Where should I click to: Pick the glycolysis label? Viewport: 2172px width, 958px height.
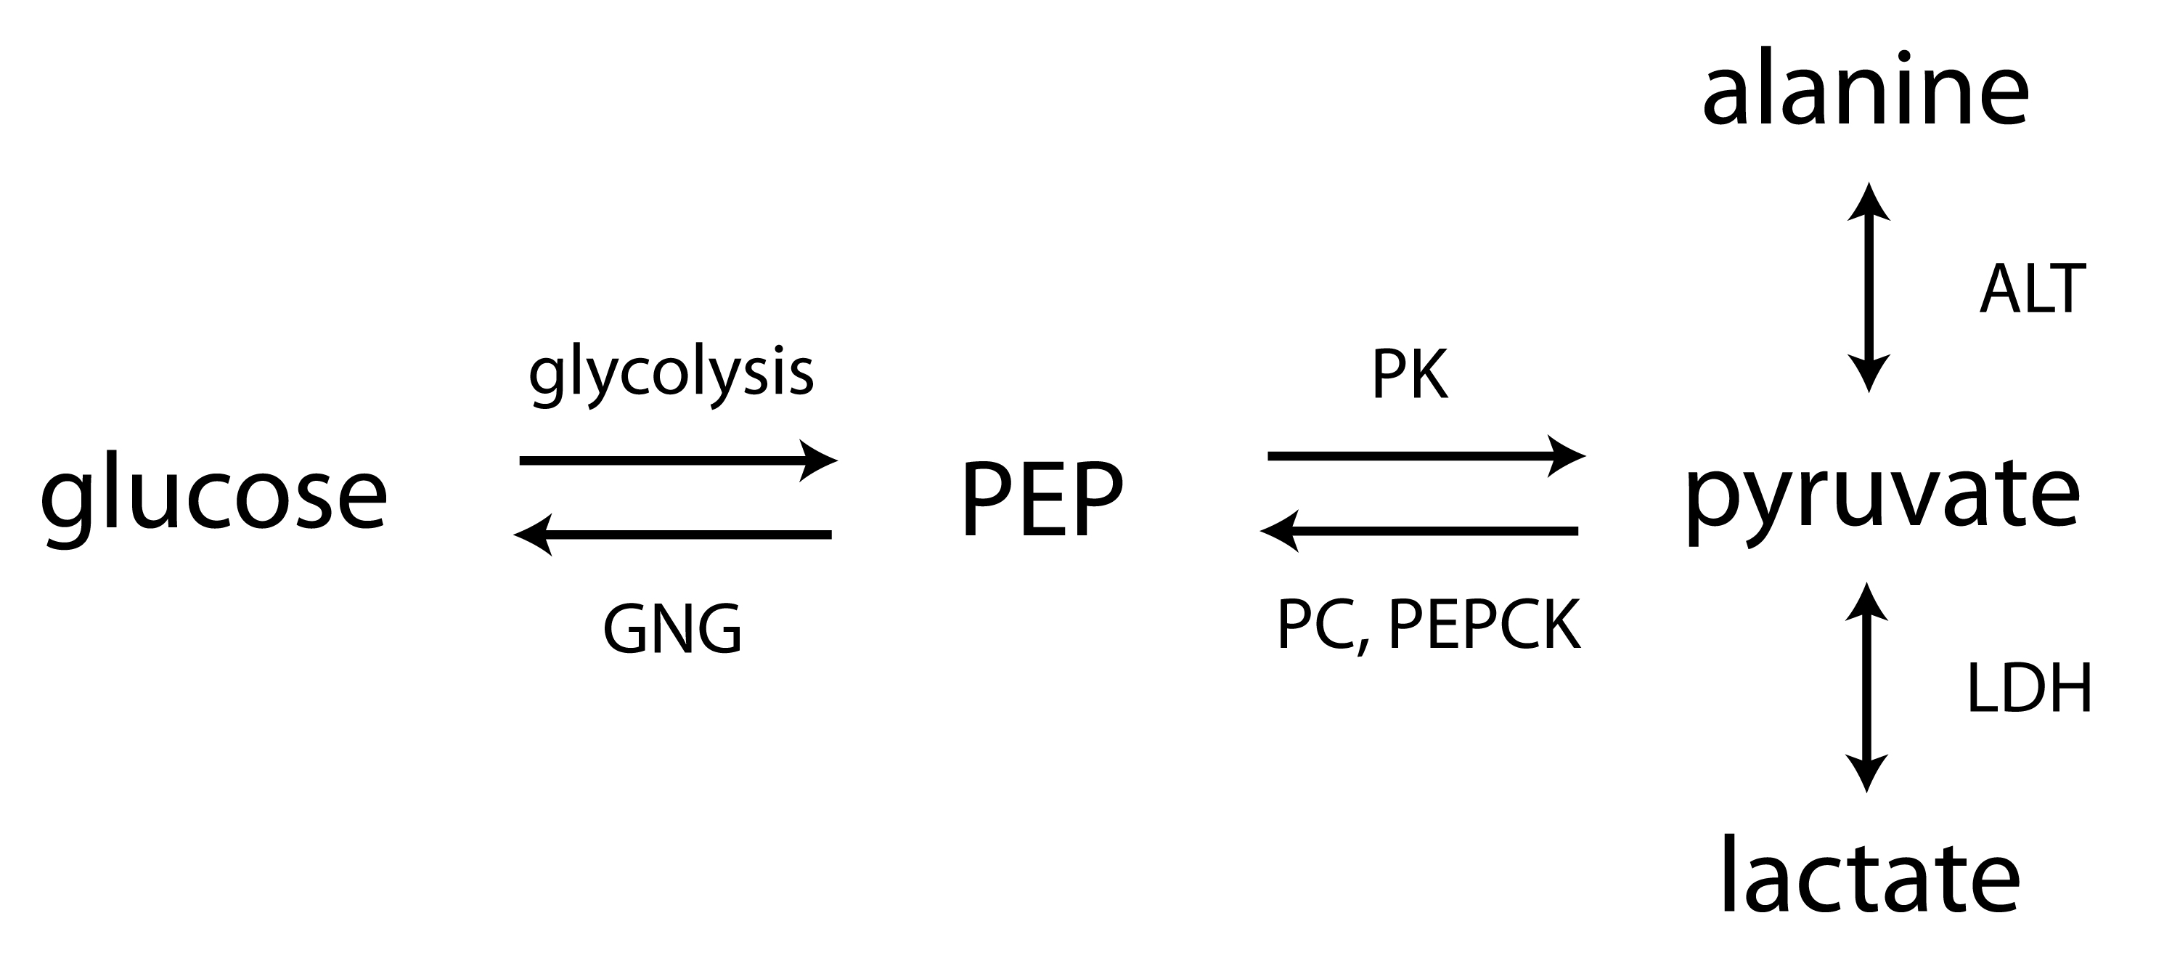(x=671, y=376)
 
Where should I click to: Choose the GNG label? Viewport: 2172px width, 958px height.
(x=672, y=630)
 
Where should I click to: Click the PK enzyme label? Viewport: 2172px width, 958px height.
(x=1410, y=375)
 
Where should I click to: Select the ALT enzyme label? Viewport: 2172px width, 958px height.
(x=2032, y=289)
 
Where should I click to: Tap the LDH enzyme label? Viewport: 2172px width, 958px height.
(x=2030, y=688)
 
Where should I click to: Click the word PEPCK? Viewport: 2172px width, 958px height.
(x=1484, y=626)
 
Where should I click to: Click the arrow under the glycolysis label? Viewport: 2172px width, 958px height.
(x=674, y=460)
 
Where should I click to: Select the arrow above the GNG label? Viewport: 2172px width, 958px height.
(x=674, y=535)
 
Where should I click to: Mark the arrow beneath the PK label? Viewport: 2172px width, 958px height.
(x=1425, y=456)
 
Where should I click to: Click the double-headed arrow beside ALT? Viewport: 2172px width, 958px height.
(x=1869, y=287)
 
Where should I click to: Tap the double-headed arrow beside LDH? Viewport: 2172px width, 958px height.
(x=1867, y=687)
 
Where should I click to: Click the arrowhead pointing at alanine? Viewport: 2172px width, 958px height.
(x=1869, y=199)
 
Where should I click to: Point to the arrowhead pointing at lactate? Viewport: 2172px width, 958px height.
(x=1867, y=774)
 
